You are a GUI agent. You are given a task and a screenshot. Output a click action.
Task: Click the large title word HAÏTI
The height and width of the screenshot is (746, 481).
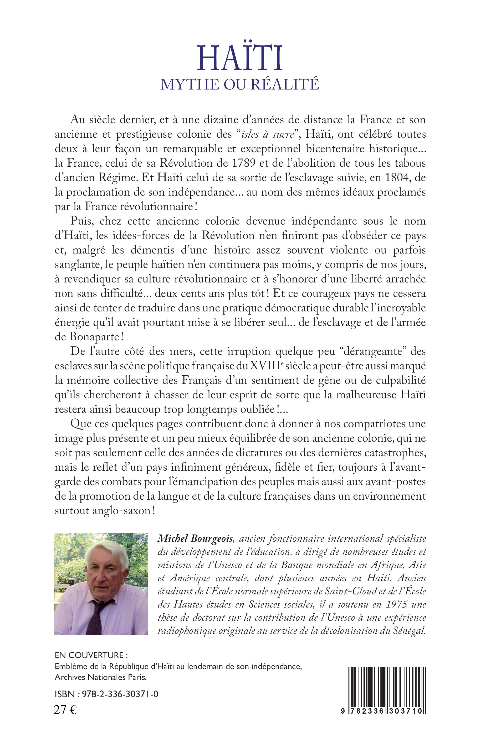(x=240, y=58)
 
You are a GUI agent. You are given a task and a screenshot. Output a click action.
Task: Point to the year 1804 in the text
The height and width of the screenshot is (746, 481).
(x=396, y=178)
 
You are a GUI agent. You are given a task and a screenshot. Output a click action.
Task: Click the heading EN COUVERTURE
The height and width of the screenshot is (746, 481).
(x=89, y=655)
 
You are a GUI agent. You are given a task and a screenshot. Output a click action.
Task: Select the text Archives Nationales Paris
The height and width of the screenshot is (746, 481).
(x=101, y=677)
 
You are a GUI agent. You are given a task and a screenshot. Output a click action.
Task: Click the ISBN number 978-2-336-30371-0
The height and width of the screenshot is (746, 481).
(x=120, y=694)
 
